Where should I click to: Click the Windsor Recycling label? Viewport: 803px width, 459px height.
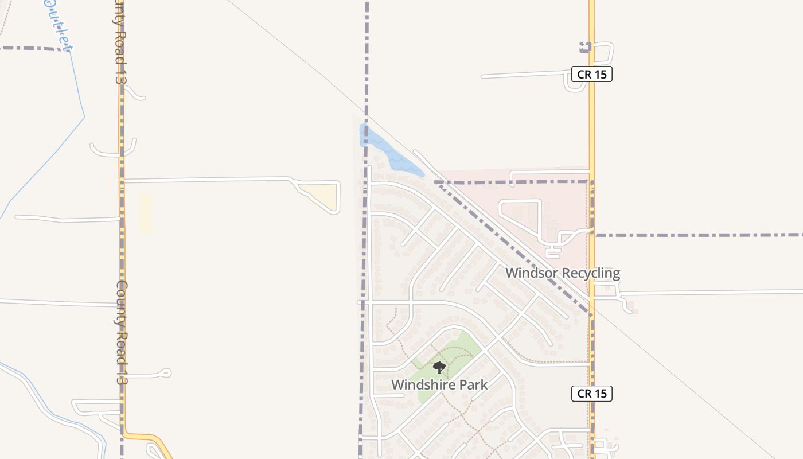coord(562,273)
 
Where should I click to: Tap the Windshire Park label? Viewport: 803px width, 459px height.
coord(439,384)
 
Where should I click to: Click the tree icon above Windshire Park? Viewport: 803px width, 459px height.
coord(439,368)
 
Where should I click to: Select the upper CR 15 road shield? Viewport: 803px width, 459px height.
coord(592,74)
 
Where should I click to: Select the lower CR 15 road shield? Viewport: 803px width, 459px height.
coord(592,394)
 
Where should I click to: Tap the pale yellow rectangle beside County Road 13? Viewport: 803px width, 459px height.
coord(146,213)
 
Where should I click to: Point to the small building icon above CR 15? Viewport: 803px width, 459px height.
coord(585,48)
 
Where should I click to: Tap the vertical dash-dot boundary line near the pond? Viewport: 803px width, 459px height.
coord(367,69)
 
